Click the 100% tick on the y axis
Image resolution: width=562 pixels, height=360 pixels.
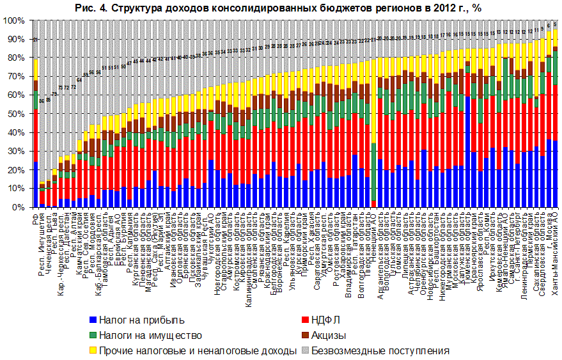(x=14, y=20)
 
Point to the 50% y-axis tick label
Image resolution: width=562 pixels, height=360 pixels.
(x=16, y=114)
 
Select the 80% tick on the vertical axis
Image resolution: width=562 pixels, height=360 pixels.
(x=16, y=58)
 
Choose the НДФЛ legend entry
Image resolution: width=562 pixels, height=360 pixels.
(x=326, y=320)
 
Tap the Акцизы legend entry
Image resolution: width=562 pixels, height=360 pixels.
(x=329, y=335)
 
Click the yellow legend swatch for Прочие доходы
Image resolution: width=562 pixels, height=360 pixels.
(x=93, y=350)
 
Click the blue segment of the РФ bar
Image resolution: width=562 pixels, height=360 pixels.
(x=36, y=185)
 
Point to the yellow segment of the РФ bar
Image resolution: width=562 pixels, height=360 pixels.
(x=36, y=70)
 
